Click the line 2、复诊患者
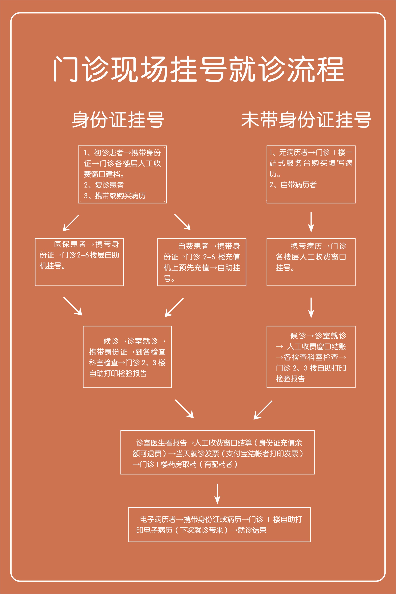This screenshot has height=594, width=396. coord(104,185)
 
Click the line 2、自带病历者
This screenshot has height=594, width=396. coord(293,185)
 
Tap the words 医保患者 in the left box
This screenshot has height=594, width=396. coord(70,244)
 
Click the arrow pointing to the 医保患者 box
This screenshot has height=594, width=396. coord(71,223)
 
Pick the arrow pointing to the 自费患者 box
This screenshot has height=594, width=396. coord(182,222)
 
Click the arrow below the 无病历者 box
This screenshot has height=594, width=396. coord(311,222)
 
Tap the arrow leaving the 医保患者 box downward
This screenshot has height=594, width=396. coord(73,306)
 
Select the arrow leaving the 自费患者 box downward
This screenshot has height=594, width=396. coord(174,307)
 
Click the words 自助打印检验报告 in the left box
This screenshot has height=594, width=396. coord(118,374)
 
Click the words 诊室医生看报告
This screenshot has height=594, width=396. coord(161,443)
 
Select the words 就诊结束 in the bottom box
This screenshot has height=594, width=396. coord(252,530)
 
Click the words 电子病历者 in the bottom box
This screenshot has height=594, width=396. coord(158,519)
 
